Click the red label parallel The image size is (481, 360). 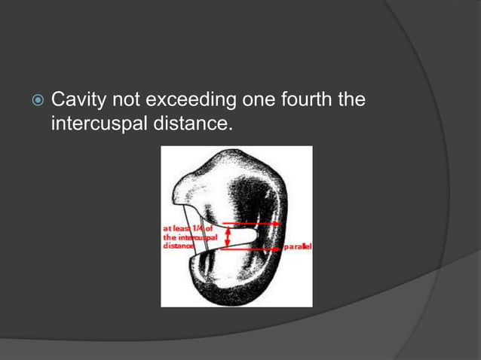tap(298, 246)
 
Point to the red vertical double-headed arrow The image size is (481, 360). tap(228, 235)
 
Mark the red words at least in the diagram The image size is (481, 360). tap(178, 227)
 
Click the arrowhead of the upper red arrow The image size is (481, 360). tap(278, 224)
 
